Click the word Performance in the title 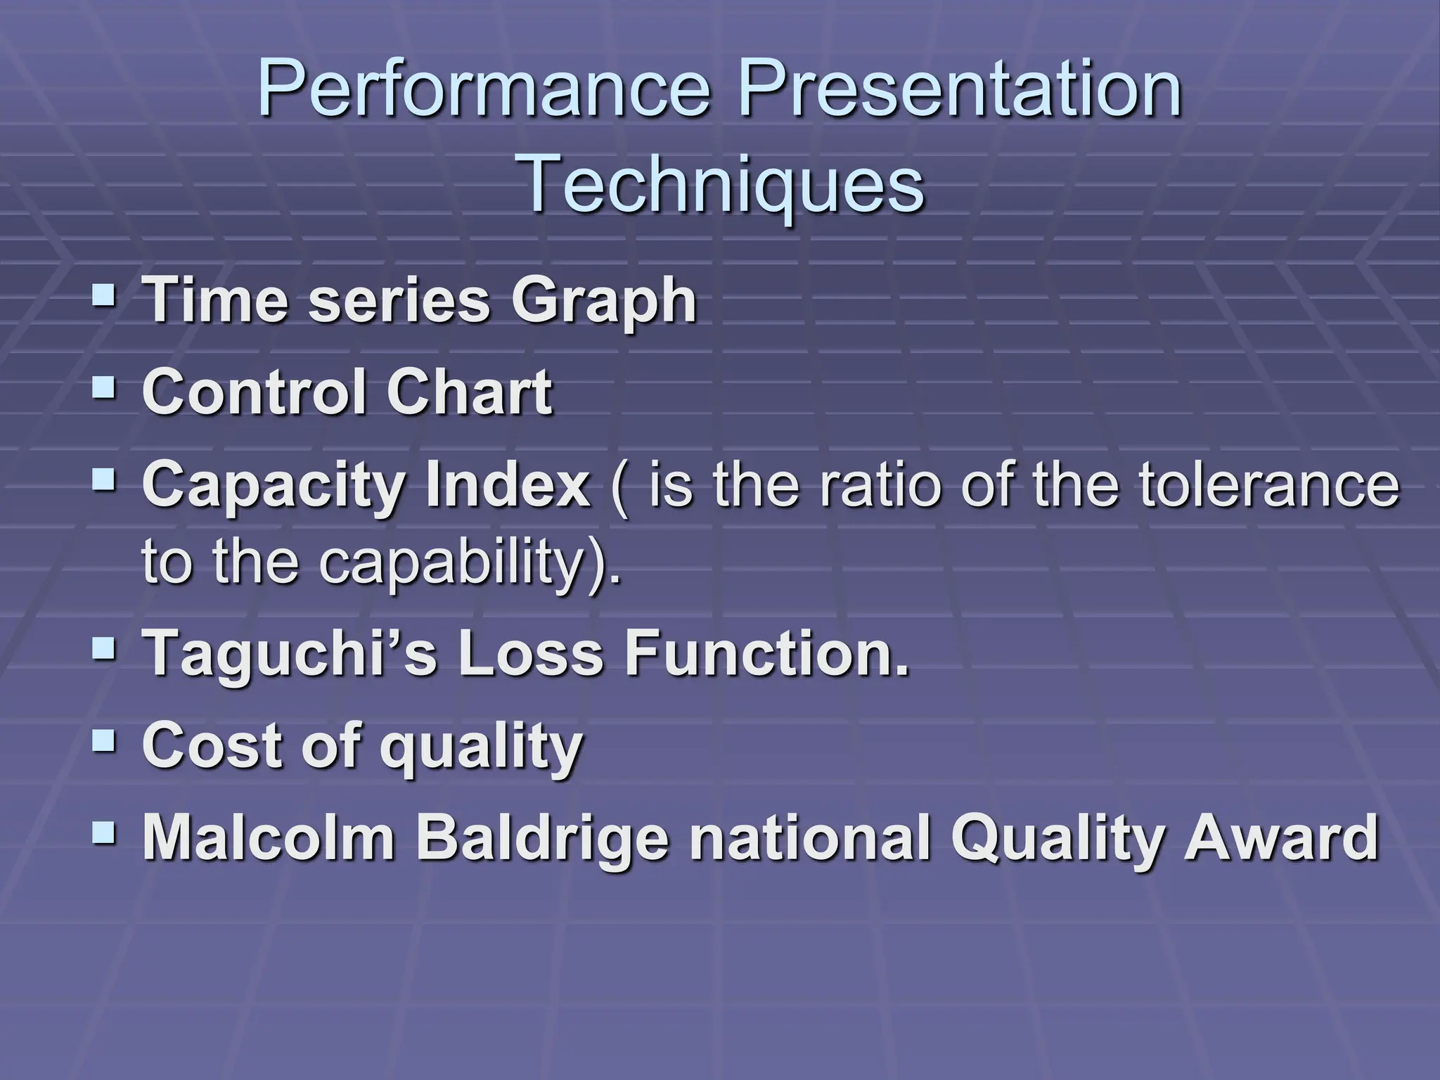pos(485,90)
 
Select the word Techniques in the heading pos(723,184)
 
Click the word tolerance pos(1268,484)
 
